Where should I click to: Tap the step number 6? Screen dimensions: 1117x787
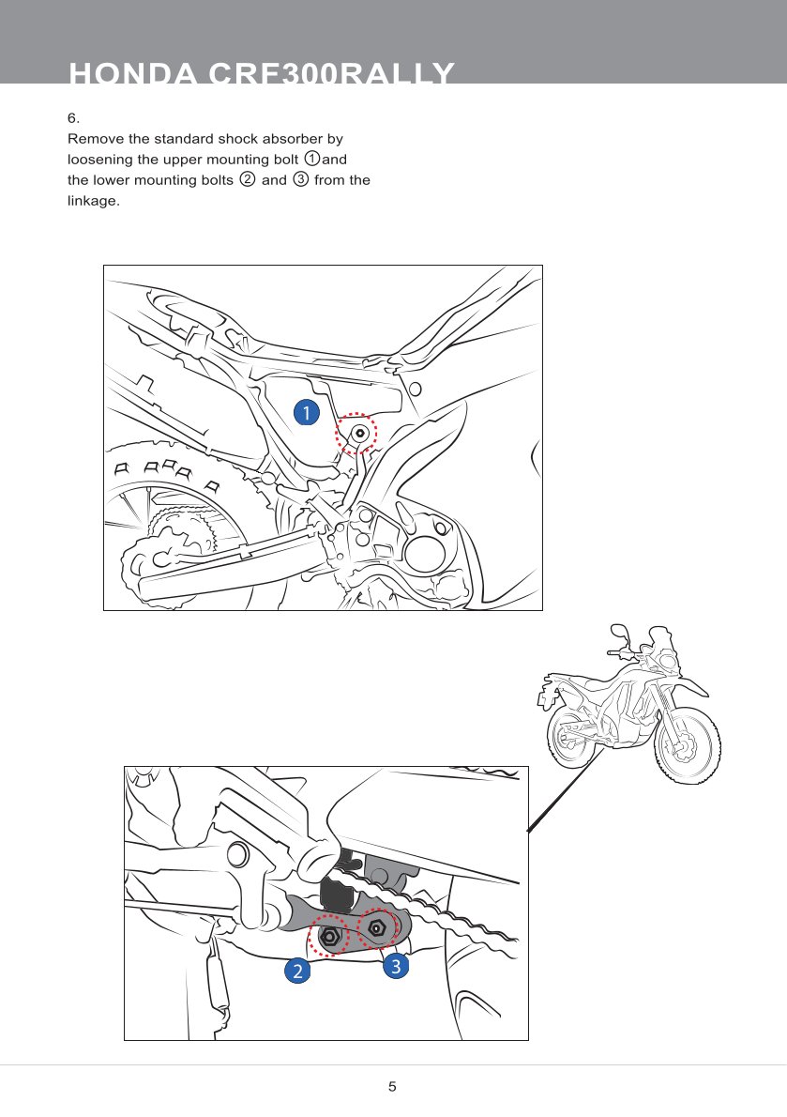tap(72, 118)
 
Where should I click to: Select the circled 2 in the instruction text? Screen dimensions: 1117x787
tap(248, 179)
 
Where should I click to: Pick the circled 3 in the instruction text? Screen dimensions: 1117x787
tap(301, 179)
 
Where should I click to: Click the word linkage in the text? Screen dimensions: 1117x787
tap(92, 200)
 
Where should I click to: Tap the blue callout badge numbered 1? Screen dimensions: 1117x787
tap(305, 410)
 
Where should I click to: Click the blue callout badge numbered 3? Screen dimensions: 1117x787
tap(396, 964)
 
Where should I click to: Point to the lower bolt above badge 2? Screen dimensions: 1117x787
tap(329, 936)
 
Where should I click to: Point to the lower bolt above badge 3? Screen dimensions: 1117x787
tap(375, 927)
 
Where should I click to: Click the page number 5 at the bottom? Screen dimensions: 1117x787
tap(393, 1087)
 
